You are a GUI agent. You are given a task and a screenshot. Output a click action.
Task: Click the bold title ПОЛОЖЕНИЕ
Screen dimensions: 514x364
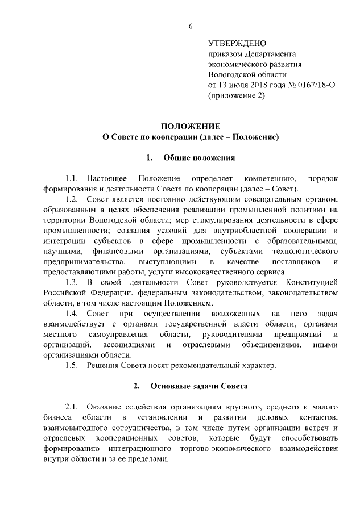coord(190,126)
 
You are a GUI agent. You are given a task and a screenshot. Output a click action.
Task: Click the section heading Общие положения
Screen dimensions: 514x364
coord(198,157)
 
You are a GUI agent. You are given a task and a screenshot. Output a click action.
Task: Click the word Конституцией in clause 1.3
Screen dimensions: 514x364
coord(313,282)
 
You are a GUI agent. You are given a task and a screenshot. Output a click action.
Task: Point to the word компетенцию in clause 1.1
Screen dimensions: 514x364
coord(268,178)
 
